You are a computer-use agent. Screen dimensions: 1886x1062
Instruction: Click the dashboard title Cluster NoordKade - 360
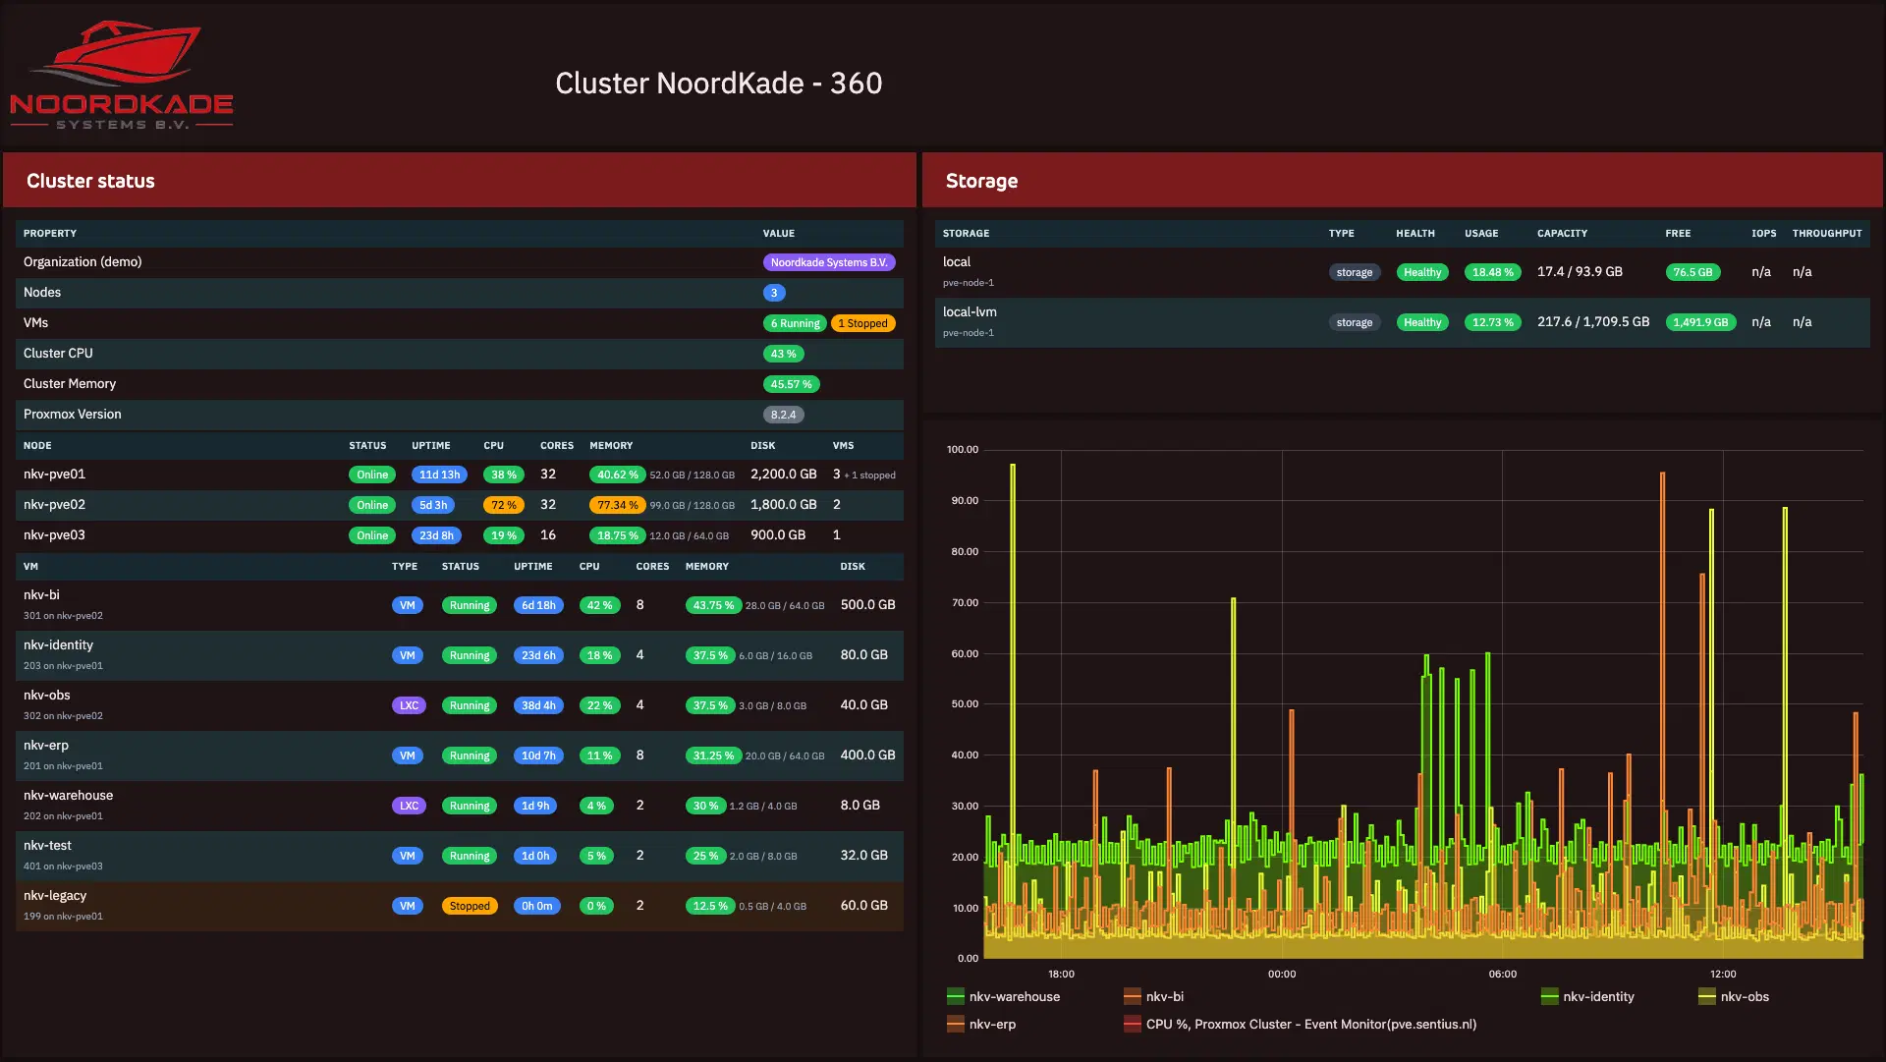coord(718,84)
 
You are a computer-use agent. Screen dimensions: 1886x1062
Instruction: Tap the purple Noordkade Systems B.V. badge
coord(829,262)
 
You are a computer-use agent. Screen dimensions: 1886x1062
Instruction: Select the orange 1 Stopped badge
coord(862,323)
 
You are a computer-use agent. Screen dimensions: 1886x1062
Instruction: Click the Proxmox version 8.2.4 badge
coord(783,415)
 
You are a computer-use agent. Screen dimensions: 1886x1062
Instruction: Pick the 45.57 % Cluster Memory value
coord(791,384)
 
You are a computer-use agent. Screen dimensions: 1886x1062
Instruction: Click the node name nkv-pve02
coord(54,505)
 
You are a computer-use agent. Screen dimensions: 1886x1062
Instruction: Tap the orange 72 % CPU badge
coord(504,505)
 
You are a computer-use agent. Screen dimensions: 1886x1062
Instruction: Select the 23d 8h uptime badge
coord(436,535)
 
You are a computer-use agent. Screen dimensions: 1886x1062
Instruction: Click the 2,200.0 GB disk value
coord(784,475)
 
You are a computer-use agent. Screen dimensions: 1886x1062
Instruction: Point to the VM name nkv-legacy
coord(55,896)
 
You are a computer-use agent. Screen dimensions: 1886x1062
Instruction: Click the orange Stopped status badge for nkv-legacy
coord(470,906)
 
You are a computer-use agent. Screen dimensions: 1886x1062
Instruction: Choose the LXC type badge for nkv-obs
coord(409,705)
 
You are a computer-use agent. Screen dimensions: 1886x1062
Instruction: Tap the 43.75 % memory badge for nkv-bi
coord(713,605)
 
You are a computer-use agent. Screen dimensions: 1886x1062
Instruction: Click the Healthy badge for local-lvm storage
coord(1422,322)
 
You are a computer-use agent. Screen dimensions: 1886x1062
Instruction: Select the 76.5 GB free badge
coord(1692,272)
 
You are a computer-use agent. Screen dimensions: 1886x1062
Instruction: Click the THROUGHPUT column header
coord(1827,234)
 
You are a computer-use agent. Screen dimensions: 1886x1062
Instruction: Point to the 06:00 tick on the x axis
coord(1503,975)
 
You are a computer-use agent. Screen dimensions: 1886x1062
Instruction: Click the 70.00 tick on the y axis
coord(965,603)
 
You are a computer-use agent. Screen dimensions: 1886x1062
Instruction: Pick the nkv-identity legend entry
coord(1587,997)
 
